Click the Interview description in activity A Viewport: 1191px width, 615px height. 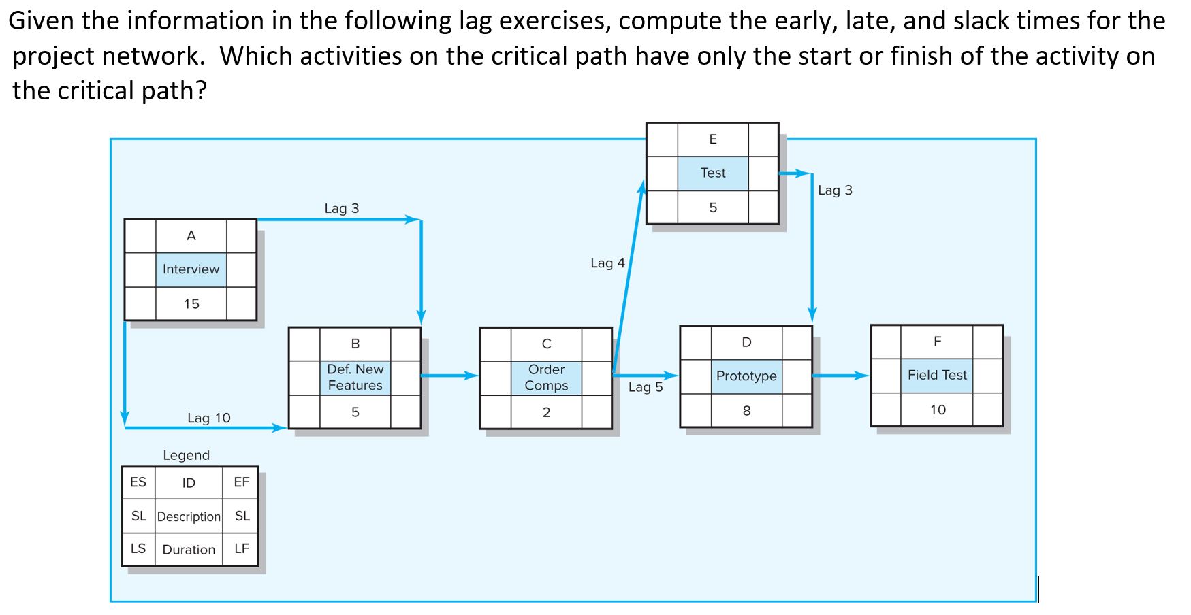[x=191, y=269]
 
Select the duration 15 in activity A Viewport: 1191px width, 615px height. [x=191, y=304]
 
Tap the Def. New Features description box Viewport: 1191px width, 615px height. [x=355, y=378]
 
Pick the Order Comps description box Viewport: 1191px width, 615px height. [x=546, y=378]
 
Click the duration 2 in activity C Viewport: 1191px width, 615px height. [x=546, y=412]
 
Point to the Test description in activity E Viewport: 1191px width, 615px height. [x=713, y=173]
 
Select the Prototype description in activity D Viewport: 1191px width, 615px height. [x=746, y=376]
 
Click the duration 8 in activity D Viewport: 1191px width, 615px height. [x=746, y=411]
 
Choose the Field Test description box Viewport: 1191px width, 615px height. [x=937, y=375]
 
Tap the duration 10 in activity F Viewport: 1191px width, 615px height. [x=938, y=410]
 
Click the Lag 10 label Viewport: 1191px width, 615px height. [x=209, y=418]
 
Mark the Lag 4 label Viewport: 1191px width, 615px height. [x=607, y=263]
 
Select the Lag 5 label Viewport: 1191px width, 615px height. [x=645, y=387]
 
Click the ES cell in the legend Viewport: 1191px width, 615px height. [x=138, y=482]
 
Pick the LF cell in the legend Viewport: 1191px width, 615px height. [x=242, y=548]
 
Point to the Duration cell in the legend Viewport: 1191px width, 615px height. [x=189, y=550]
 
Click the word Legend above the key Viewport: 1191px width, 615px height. [x=186, y=455]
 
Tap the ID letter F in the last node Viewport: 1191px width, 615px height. [x=937, y=342]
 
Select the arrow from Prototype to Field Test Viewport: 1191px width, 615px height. [x=841, y=376]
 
